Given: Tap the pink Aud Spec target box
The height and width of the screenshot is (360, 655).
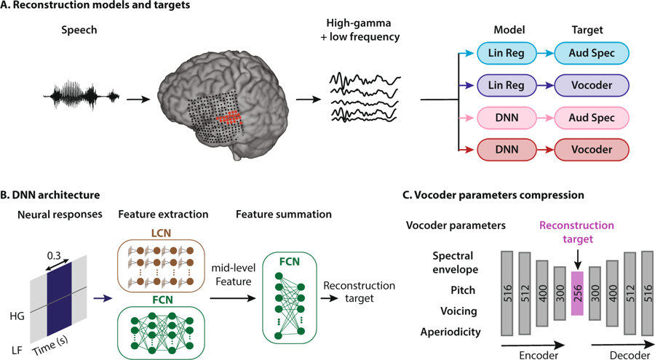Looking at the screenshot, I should pyautogui.click(x=591, y=116).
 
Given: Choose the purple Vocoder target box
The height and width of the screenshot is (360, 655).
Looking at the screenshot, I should pyautogui.click(x=591, y=84).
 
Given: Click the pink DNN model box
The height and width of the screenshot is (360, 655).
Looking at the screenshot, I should pyautogui.click(x=507, y=116).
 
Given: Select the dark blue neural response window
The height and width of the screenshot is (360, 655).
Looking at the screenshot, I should pyautogui.click(x=60, y=291).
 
